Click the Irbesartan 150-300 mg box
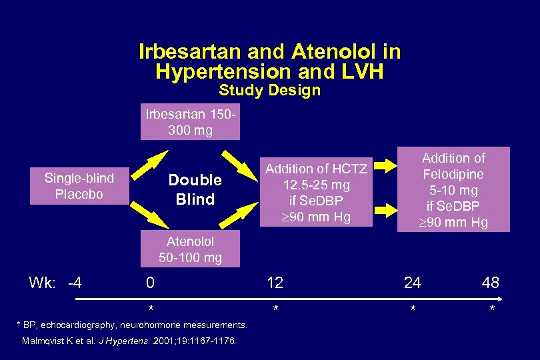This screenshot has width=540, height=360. (190, 122)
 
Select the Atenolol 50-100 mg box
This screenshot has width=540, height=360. (190, 249)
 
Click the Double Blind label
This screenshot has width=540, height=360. (195, 189)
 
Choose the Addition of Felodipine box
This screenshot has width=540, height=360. (453, 189)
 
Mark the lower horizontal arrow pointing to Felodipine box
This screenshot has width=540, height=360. (386, 211)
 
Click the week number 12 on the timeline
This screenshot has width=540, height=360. (275, 283)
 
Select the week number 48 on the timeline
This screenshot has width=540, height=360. (490, 283)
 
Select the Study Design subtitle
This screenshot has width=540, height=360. (269, 90)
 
